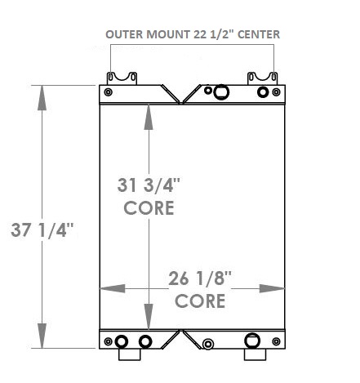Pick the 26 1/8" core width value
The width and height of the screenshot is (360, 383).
(201, 278)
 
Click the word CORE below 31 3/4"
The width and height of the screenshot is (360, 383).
(149, 207)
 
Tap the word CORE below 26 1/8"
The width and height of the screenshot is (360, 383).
(200, 301)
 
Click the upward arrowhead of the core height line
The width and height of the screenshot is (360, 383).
(148, 116)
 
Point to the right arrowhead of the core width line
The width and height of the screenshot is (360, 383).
(273, 288)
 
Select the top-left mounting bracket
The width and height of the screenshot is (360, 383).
(121, 78)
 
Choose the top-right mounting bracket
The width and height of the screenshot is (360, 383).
(263, 78)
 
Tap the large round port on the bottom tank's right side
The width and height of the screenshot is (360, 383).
(251, 341)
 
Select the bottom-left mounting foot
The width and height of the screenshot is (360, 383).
(129, 355)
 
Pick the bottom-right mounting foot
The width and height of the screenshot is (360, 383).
(256, 355)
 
